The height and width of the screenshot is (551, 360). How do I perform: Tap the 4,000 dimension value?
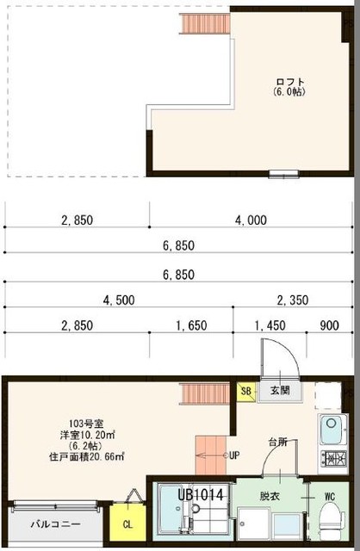[251, 220]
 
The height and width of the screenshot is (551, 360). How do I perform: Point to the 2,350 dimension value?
[292, 300]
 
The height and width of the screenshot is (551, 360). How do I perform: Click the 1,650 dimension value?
[190, 325]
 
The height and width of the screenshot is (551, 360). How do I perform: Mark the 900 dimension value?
[328, 325]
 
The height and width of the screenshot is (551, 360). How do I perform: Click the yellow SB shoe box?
[247, 392]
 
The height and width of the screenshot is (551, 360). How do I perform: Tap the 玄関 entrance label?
[280, 391]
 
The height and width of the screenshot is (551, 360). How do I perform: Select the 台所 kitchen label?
[276, 442]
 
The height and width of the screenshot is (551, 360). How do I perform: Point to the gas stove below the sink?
[331, 457]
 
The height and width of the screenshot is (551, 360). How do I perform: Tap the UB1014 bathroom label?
[202, 496]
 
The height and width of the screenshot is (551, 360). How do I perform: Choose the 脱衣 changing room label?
[270, 496]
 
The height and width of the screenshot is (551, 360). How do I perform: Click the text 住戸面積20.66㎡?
[86, 457]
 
